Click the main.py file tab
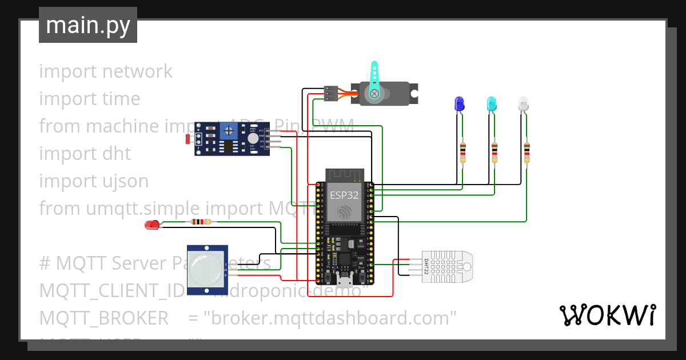(87, 25)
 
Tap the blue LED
(458, 103)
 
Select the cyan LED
(491, 103)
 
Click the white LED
(523, 103)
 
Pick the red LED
(151, 225)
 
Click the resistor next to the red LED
(201, 222)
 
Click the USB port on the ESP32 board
(345, 281)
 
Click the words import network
(106, 71)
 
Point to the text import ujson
(94, 181)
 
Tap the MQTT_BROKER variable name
(103, 318)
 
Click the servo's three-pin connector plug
(331, 93)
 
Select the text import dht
(85, 154)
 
